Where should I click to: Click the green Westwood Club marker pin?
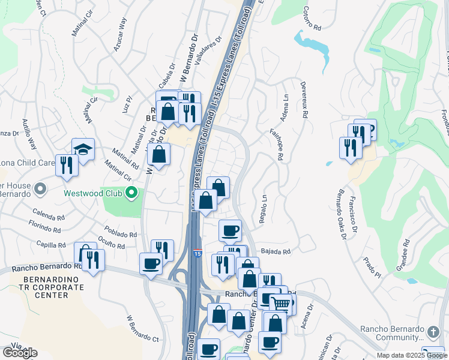point(132,194)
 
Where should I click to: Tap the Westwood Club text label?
point(94,194)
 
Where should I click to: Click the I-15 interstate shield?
point(197,255)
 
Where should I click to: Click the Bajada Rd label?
point(275,252)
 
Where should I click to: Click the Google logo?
point(20,353)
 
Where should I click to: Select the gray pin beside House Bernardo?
point(40,190)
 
